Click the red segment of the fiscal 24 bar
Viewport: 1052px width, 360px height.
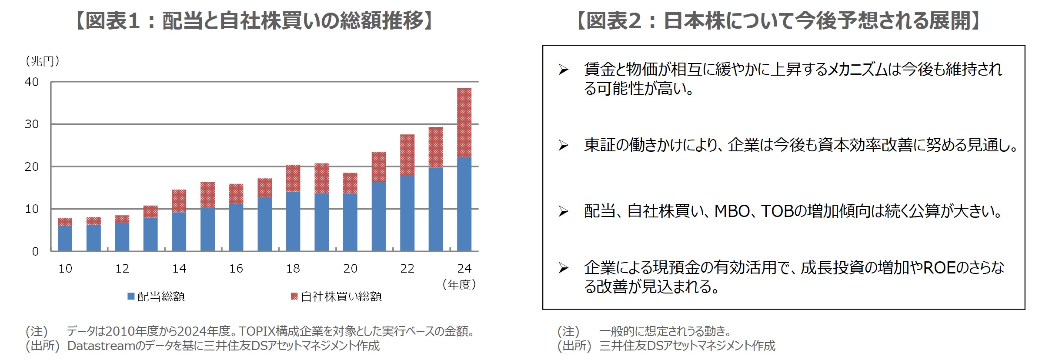tap(464, 123)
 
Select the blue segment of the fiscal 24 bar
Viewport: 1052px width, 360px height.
tap(464, 204)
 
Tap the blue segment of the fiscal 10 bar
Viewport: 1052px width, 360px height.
tap(65, 238)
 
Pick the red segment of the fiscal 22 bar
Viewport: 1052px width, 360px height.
tap(407, 155)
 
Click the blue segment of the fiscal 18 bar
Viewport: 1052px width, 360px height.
tap(293, 221)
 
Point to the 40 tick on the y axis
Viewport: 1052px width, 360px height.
tap(32, 82)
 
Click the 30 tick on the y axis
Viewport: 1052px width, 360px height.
tap(32, 124)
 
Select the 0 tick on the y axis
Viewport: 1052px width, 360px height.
tap(35, 251)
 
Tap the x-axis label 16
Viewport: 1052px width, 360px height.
tap(236, 269)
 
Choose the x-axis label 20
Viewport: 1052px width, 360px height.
tap(350, 269)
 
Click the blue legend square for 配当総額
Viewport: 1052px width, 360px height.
tap(130, 296)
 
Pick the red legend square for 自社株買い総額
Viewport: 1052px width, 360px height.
tap(294, 296)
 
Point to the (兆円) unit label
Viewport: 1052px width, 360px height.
tap(43, 61)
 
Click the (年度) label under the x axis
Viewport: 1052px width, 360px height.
tap(459, 285)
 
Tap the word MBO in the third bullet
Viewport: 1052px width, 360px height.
tap(732, 211)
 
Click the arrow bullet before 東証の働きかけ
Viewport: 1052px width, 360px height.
tap(564, 145)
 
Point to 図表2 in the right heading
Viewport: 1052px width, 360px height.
tap(613, 21)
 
